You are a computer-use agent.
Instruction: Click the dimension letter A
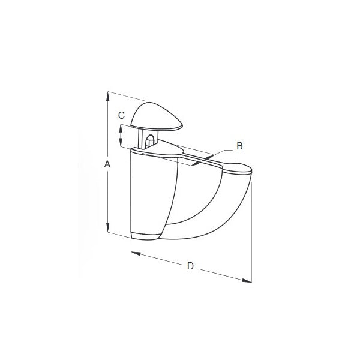[107, 164]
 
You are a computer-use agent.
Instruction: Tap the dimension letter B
[239, 146]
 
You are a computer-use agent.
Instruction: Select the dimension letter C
[121, 115]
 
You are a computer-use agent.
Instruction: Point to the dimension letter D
[190, 266]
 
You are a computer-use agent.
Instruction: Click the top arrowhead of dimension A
[107, 96]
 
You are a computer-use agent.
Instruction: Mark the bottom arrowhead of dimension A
[107, 227]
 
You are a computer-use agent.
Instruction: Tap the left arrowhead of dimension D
[136, 253]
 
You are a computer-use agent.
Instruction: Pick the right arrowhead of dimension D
[247, 280]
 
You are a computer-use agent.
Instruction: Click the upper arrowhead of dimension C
[121, 128]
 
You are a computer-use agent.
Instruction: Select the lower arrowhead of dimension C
[121, 142]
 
